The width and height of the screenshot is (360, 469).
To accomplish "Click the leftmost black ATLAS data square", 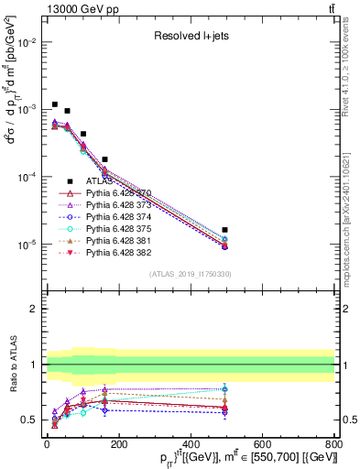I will (55, 104).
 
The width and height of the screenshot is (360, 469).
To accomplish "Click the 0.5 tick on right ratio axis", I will (347, 420).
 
